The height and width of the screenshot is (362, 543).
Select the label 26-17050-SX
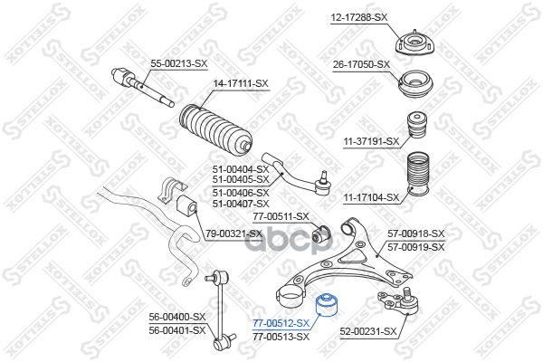(x=362, y=64)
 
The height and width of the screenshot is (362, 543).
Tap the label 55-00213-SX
(x=178, y=63)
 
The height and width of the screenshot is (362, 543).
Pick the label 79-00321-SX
(x=233, y=233)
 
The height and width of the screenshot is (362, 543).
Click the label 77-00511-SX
(x=281, y=216)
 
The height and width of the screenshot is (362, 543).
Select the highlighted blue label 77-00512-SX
(x=281, y=323)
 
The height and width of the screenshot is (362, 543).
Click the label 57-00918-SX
(x=416, y=233)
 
